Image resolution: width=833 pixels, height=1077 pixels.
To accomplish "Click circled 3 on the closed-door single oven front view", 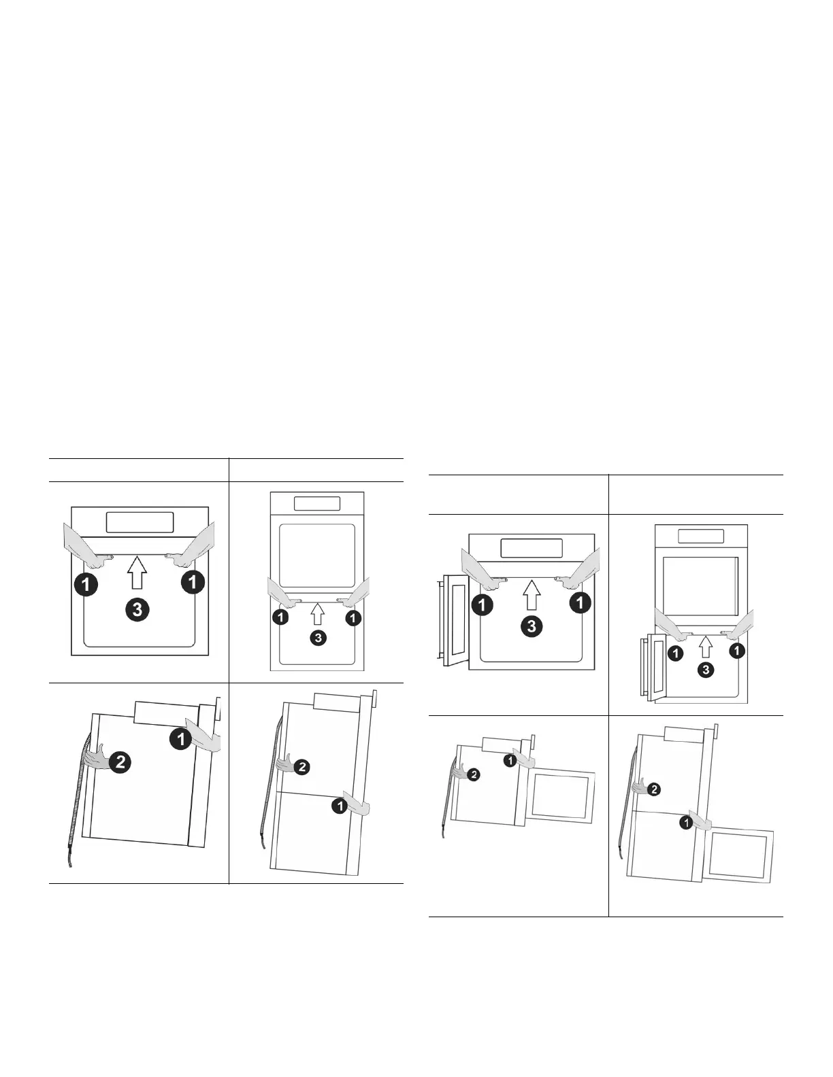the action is pyautogui.click(x=137, y=611).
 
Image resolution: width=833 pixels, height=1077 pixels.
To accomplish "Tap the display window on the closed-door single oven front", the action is pyautogui.click(x=140, y=523).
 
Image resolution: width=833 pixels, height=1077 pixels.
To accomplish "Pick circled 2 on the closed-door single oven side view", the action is pyautogui.click(x=120, y=762).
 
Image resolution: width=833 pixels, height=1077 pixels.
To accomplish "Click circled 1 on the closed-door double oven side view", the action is pyautogui.click(x=338, y=806).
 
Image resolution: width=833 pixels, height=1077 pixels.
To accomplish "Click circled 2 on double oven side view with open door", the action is pyautogui.click(x=653, y=789).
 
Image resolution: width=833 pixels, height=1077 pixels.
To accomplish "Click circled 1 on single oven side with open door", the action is pyautogui.click(x=510, y=761).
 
